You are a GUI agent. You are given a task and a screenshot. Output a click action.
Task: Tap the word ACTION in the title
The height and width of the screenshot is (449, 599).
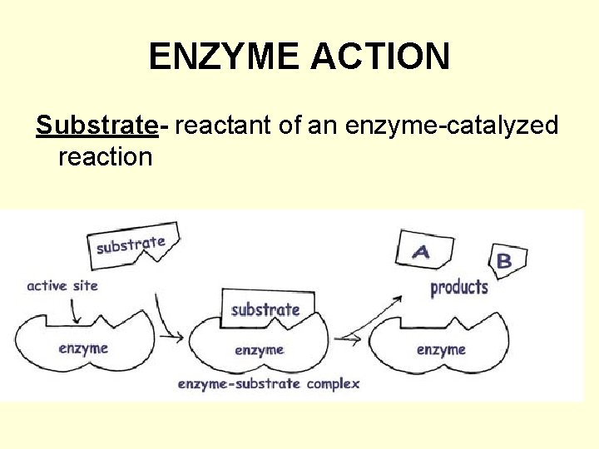click(x=381, y=57)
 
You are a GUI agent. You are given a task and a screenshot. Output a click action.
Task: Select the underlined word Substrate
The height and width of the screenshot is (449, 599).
click(x=97, y=125)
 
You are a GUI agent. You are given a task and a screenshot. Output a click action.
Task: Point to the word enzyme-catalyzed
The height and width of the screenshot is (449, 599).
click(x=433, y=125)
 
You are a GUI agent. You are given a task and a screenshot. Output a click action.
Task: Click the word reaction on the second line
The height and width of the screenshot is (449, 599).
click(x=106, y=156)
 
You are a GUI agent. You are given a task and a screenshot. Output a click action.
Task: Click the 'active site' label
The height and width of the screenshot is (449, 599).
click(x=62, y=285)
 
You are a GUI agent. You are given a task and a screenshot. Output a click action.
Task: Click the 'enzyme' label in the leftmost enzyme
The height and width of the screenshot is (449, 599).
click(x=83, y=348)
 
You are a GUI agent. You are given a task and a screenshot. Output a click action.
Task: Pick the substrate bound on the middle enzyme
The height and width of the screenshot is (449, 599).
click(x=265, y=309)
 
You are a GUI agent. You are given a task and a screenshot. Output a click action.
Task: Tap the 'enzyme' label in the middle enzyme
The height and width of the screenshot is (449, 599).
click(x=260, y=350)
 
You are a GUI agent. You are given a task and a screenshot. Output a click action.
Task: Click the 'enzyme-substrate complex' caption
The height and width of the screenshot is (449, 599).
click(x=269, y=383)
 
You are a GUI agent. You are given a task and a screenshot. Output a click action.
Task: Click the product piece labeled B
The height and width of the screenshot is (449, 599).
click(x=505, y=261)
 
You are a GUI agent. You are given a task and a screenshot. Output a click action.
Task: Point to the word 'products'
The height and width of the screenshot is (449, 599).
click(x=459, y=288)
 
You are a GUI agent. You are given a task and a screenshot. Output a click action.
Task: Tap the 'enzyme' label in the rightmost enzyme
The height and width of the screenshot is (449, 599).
click(x=441, y=349)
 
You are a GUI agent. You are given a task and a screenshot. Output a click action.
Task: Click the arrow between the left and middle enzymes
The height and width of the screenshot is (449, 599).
click(x=170, y=320)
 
